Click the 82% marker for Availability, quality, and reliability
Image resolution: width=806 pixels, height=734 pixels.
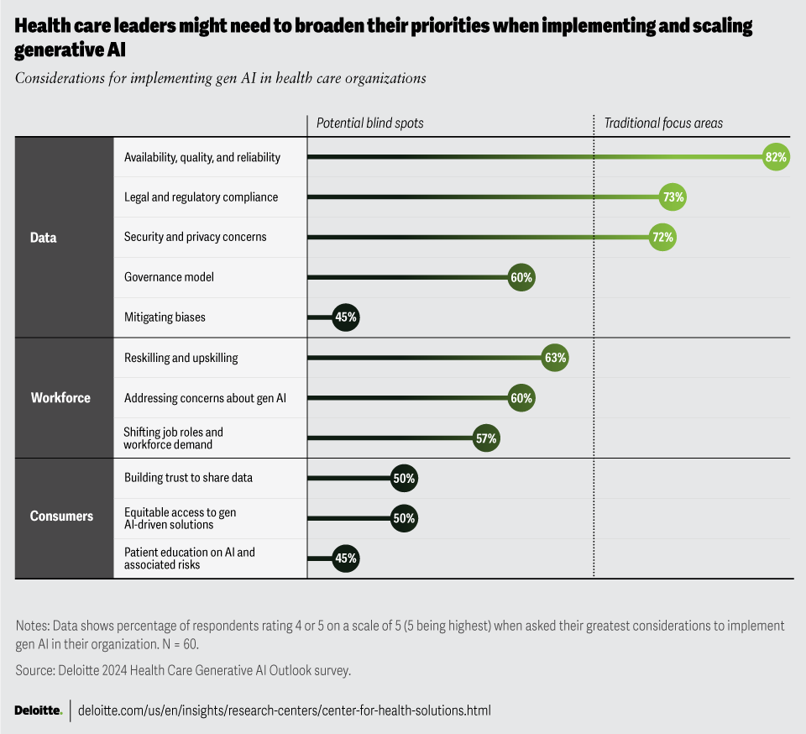(x=776, y=157)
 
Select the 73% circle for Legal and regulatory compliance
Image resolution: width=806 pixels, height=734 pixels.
(x=673, y=197)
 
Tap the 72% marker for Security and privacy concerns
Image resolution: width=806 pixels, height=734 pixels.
(x=662, y=238)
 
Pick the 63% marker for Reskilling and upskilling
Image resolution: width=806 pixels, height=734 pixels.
(x=555, y=358)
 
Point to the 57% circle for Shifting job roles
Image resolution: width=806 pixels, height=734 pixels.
(x=486, y=438)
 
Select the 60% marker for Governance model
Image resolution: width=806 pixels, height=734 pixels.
(x=521, y=278)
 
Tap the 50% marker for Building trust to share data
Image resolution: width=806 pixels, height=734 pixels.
(x=404, y=479)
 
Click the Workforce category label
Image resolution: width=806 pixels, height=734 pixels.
(x=60, y=398)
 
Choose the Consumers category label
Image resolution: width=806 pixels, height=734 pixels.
(x=61, y=516)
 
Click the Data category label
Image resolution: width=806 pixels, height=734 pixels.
(x=43, y=238)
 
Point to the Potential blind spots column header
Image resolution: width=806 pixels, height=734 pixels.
(x=369, y=123)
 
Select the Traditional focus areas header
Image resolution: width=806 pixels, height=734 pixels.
(x=663, y=123)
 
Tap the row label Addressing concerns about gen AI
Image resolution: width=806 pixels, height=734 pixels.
(x=205, y=398)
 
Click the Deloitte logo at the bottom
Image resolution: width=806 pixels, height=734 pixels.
(x=38, y=710)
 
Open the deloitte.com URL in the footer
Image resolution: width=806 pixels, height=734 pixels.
(x=284, y=710)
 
